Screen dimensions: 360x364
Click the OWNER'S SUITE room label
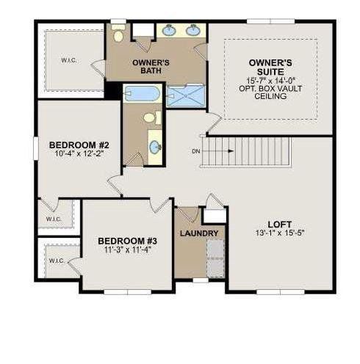(270, 68)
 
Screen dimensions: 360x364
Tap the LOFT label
(279, 225)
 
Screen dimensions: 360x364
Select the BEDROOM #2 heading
(79, 145)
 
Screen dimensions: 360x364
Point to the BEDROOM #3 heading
(127, 241)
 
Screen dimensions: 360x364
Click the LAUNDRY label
(199, 233)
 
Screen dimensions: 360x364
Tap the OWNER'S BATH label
(151, 67)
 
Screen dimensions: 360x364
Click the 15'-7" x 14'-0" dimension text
(270, 80)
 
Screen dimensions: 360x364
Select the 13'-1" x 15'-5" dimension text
(280, 233)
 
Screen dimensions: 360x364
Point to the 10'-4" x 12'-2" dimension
(79, 154)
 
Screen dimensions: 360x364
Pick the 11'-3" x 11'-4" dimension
(127, 250)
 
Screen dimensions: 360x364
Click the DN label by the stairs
(196, 151)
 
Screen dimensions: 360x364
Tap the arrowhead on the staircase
(231, 151)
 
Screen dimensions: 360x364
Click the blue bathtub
(143, 93)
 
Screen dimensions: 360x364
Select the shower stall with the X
(186, 96)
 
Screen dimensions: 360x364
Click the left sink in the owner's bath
(169, 31)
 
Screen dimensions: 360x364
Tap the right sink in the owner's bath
(193, 31)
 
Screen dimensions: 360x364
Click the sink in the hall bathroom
(155, 148)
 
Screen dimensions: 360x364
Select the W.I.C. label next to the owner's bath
(68, 60)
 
